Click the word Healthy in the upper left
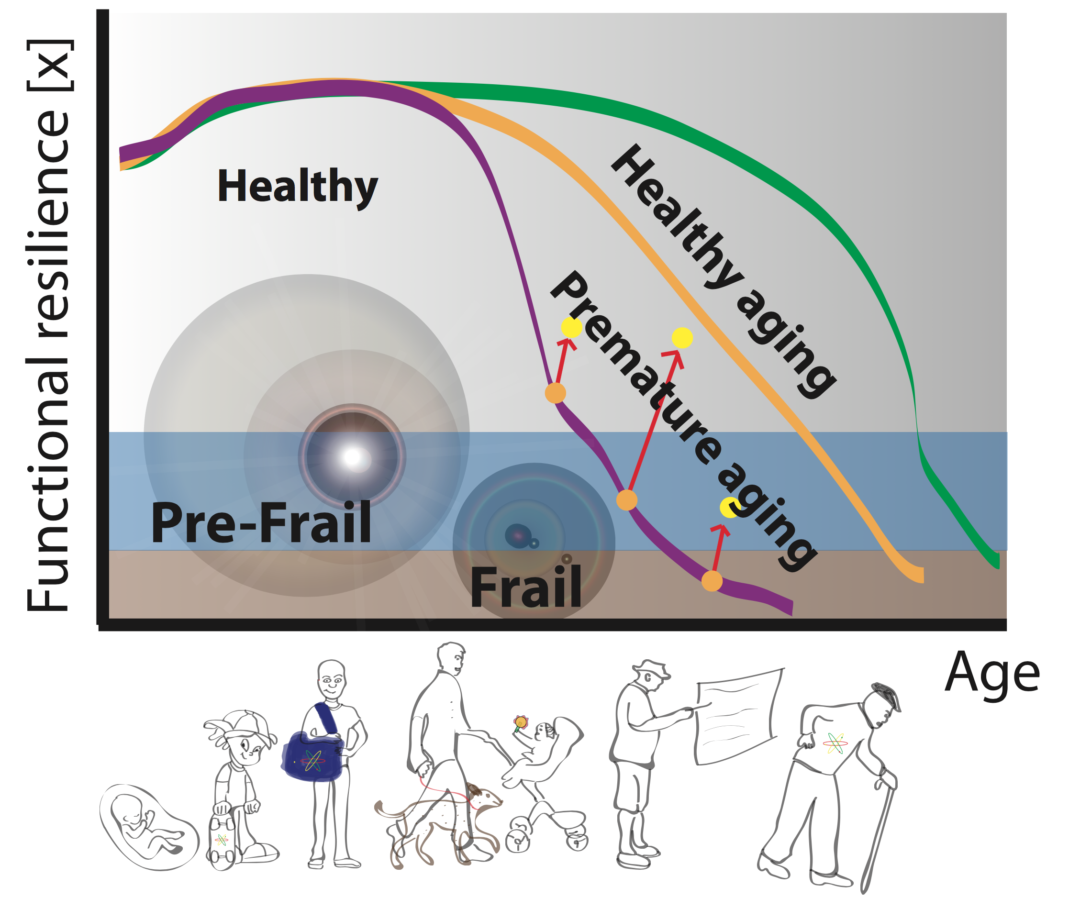(298, 187)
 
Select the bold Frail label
(525, 588)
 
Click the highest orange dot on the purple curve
(555, 393)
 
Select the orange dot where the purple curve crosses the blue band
(626, 500)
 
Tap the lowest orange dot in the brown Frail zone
(712, 581)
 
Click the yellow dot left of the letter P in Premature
(571, 327)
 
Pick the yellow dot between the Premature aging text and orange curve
(682, 337)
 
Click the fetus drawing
(147, 827)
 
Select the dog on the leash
(438, 820)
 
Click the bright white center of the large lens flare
(353, 456)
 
